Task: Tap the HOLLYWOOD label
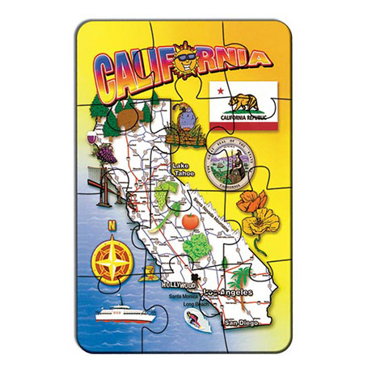pos(179,285)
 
